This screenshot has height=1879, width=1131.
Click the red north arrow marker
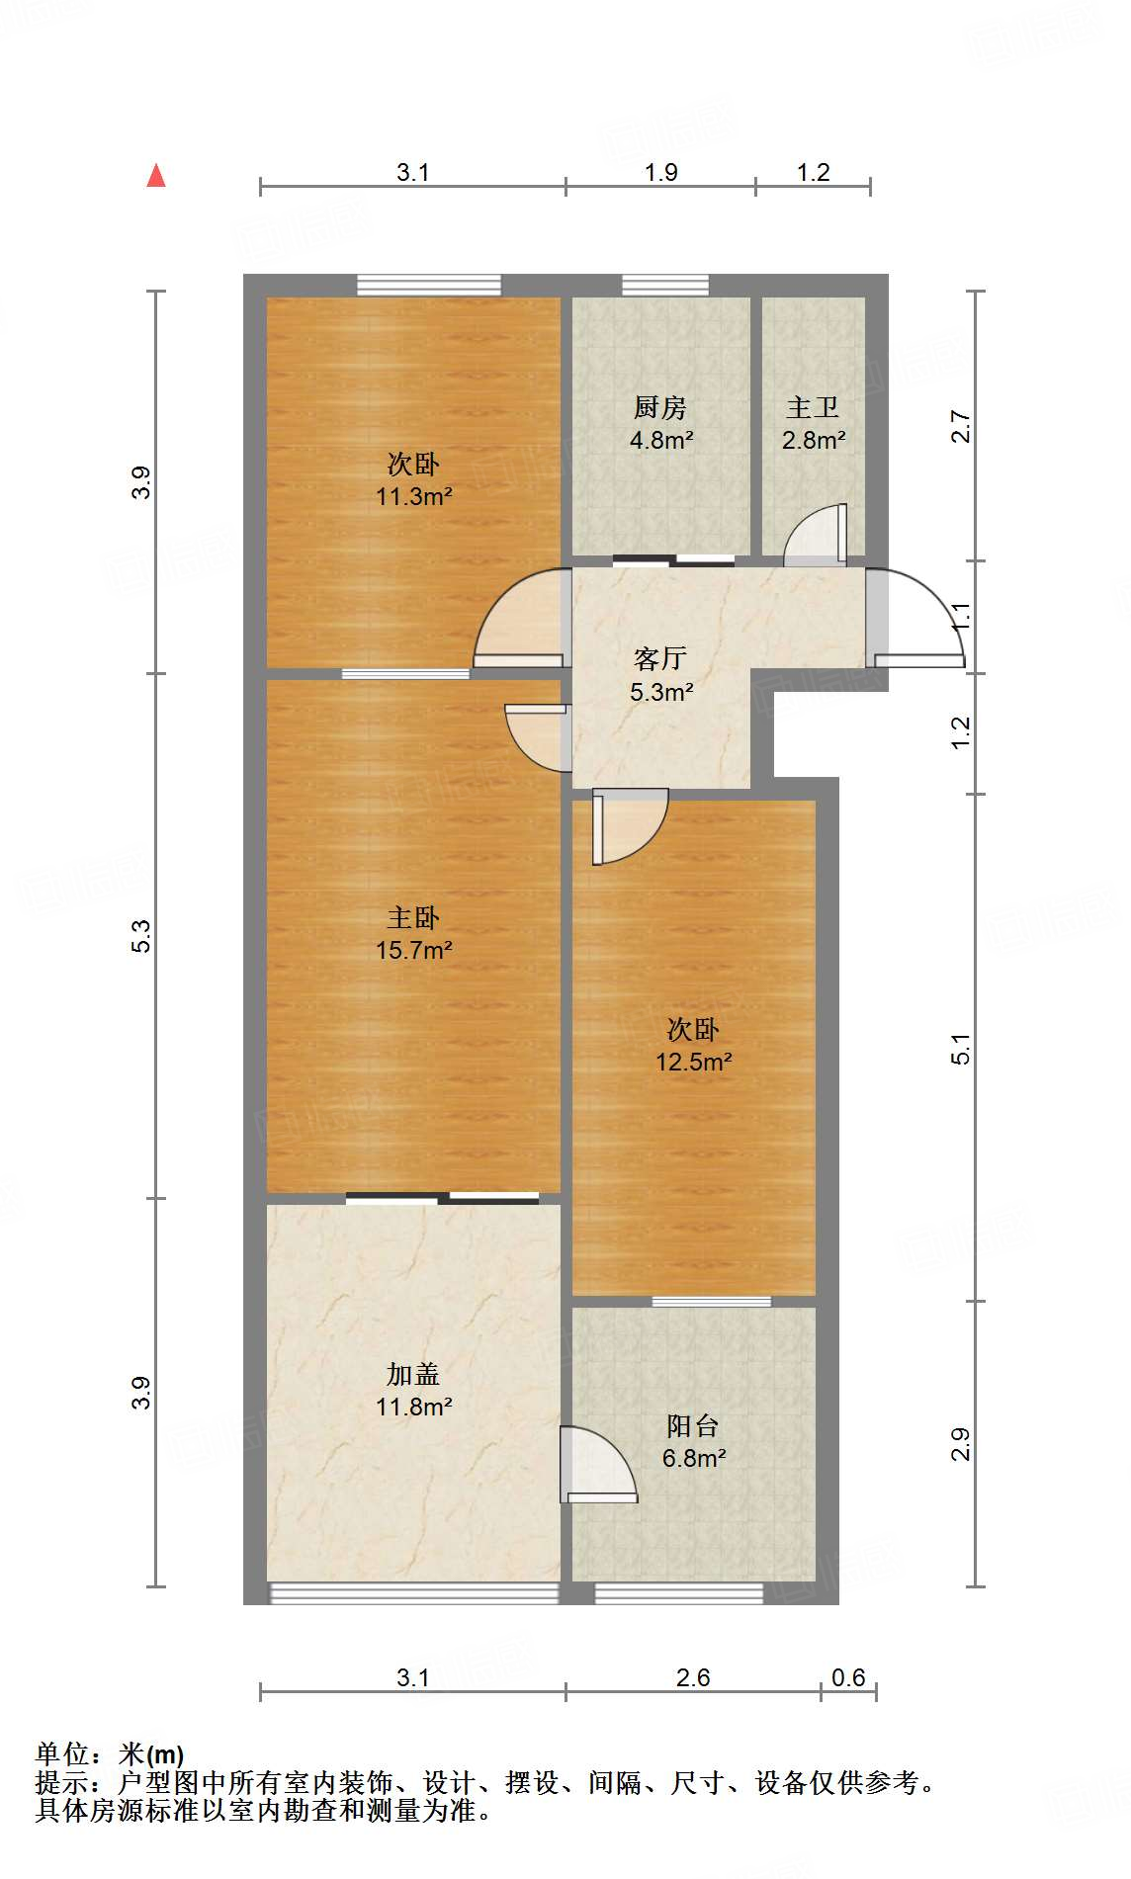pyautogui.click(x=156, y=176)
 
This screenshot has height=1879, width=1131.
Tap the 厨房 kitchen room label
pyautogui.click(x=659, y=407)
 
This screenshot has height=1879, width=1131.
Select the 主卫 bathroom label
pyautogui.click(x=813, y=407)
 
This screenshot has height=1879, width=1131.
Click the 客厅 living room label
pyautogui.click(x=659, y=658)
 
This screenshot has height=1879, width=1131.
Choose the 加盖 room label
pyautogui.click(x=412, y=1374)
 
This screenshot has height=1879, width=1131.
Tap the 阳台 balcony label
pyautogui.click(x=692, y=1425)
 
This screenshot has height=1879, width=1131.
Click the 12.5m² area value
pyautogui.click(x=693, y=1062)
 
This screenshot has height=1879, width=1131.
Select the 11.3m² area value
pyautogui.click(x=413, y=496)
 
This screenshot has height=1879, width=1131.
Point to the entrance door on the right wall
pyautogui.click(x=914, y=618)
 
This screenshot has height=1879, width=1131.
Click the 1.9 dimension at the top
pyautogui.click(x=660, y=172)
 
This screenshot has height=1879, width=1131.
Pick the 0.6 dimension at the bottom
pyautogui.click(x=848, y=1677)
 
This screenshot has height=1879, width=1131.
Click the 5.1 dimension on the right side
pyautogui.click(x=961, y=1048)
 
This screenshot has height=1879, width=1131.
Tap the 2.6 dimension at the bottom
pyautogui.click(x=692, y=1677)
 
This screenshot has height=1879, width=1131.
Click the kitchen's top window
pyautogui.click(x=664, y=286)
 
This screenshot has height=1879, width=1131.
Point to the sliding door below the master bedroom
pyautogui.click(x=442, y=1199)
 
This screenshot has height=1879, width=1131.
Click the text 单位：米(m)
pyautogui.click(x=110, y=1754)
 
